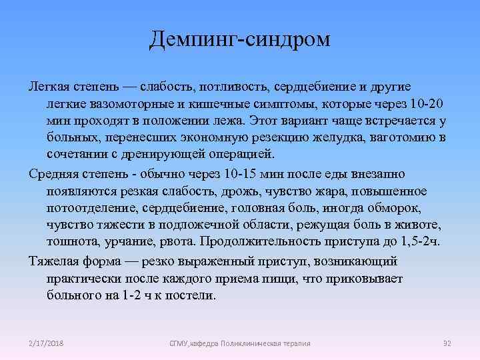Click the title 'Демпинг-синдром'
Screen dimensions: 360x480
coord(240,39)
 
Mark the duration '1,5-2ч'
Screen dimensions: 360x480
coord(421,241)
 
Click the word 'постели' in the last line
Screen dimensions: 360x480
coord(193,294)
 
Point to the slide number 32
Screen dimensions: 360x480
coord(447,343)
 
